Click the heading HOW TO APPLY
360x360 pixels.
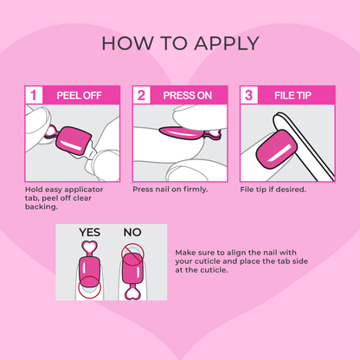pyautogui.click(x=180, y=43)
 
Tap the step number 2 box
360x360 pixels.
pyautogui.click(x=141, y=95)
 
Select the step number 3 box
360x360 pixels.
pyautogui.click(x=247, y=95)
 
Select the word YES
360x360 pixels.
pyautogui.click(x=89, y=232)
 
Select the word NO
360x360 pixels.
pyautogui.click(x=132, y=232)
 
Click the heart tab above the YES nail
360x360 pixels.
pyautogui.click(x=88, y=248)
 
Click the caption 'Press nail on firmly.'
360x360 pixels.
pyautogui.click(x=170, y=189)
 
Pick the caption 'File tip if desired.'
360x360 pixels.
pyautogui.click(x=273, y=189)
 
